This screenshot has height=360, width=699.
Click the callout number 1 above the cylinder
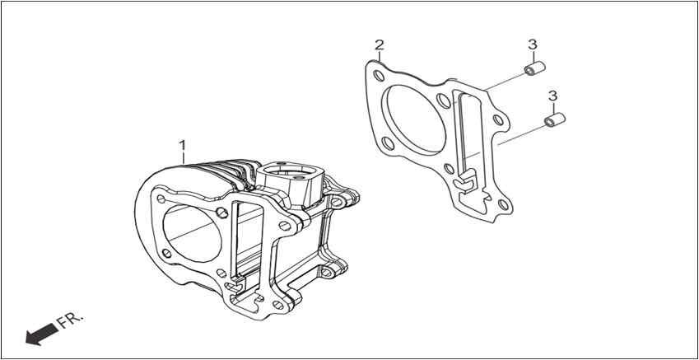pyautogui.click(x=182, y=145)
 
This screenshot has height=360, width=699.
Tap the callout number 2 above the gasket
pyautogui.click(x=379, y=44)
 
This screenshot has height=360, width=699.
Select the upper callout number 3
pyautogui.click(x=532, y=44)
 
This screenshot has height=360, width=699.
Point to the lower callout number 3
pyautogui.click(x=552, y=96)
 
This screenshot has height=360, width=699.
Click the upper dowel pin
pyautogui.click(x=534, y=69)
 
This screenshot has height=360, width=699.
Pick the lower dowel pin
pyautogui.click(x=555, y=120)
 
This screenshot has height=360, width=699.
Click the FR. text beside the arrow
pyautogui.click(x=70, y=320)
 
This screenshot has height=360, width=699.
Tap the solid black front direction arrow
pyautogui.click(x=41, y=334)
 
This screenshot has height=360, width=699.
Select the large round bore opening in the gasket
pyautogui.click(x=416, y=119)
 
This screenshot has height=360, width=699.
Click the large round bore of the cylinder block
pyautogui.click(x=192, y=233)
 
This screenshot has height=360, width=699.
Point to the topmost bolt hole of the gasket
pyautogui.click(x=379, y=76)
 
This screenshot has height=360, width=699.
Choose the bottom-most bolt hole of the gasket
pyautogui.click(x=503, y=205)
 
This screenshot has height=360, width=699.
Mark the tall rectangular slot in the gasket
pyautogui.click(x=466, y=129)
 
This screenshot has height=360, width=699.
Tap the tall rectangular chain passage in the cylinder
pyautogui.click(x=246, y=241)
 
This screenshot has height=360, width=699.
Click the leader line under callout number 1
pyautogui.click(x=183, y=158)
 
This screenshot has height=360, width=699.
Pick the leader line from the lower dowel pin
pyautogui.click(x=520, y=135)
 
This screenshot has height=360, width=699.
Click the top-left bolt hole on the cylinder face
pyautogui.click(x=161, y=199)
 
